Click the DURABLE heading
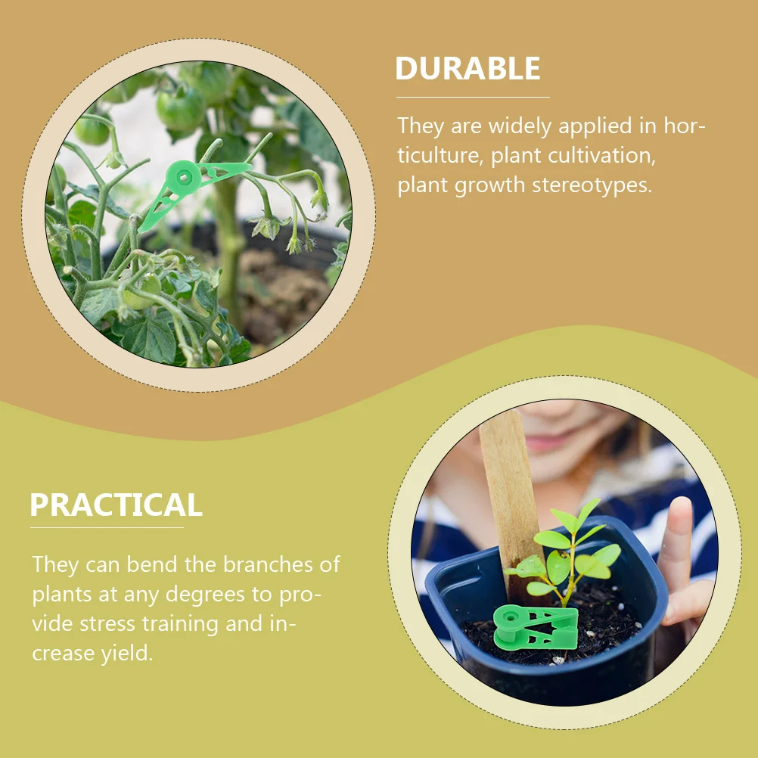tap(468, 69)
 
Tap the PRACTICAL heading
tap(116, 505)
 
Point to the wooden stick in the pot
tap(510, 492)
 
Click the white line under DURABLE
tap(473, 97)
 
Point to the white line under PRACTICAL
tap(107, 527)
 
